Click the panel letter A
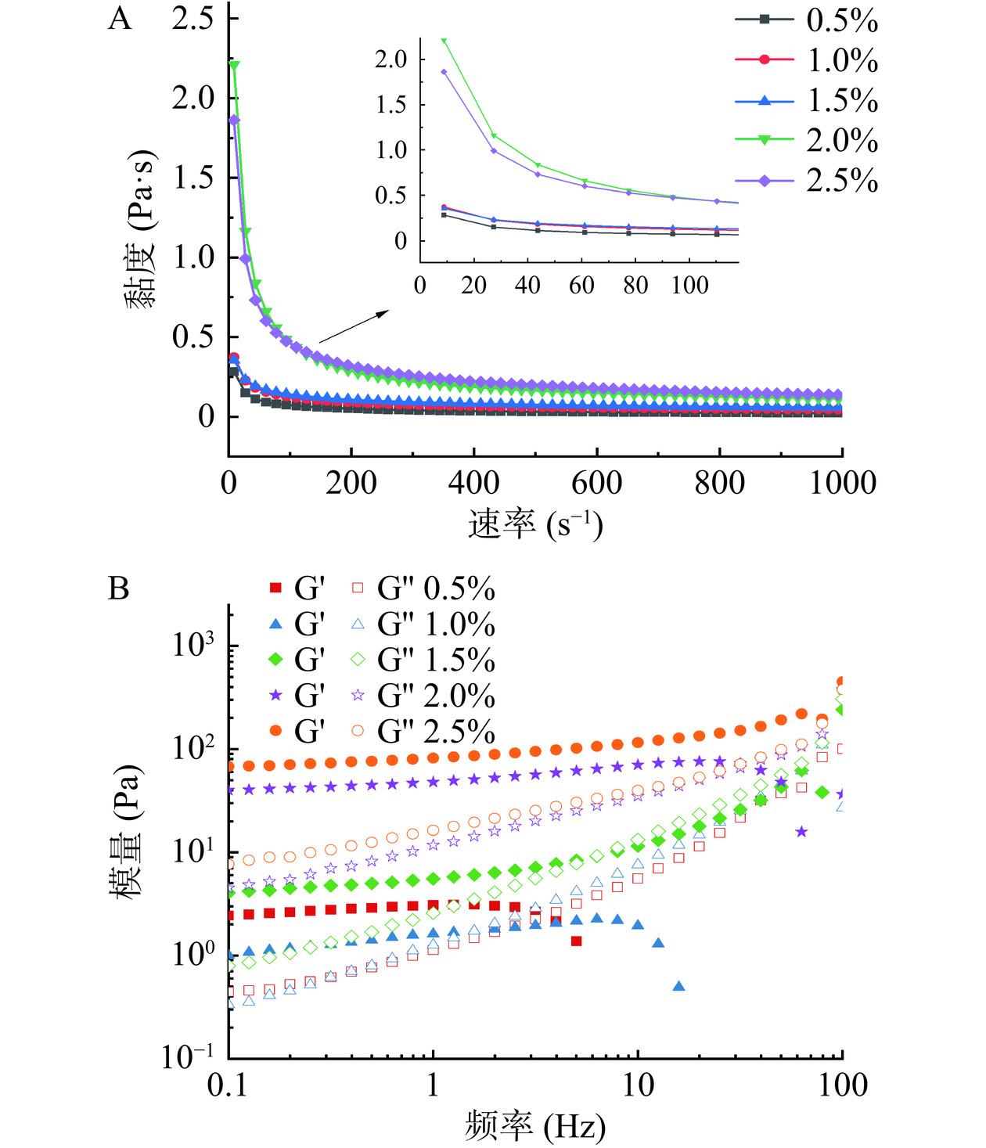coord(120,19)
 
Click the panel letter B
coord(118,588)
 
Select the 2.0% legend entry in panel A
coord(806,140)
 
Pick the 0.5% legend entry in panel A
coord(806,20)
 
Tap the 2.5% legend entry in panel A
coord(806,181)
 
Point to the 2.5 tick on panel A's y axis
coord(193,19)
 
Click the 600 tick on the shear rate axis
coord(596,483)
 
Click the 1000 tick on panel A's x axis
coord(842,483)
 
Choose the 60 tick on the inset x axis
coord(581,286)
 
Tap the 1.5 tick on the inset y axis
coord(391,105)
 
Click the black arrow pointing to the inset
coord(353,326)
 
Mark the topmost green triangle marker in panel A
coord(233,66)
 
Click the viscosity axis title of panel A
coord(142,229)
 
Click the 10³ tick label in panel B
coord(193,645)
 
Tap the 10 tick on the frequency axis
coord(638,1085)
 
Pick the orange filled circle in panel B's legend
coord(275,731)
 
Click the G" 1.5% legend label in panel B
coord(436,660)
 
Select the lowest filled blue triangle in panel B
coord(678,986)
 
